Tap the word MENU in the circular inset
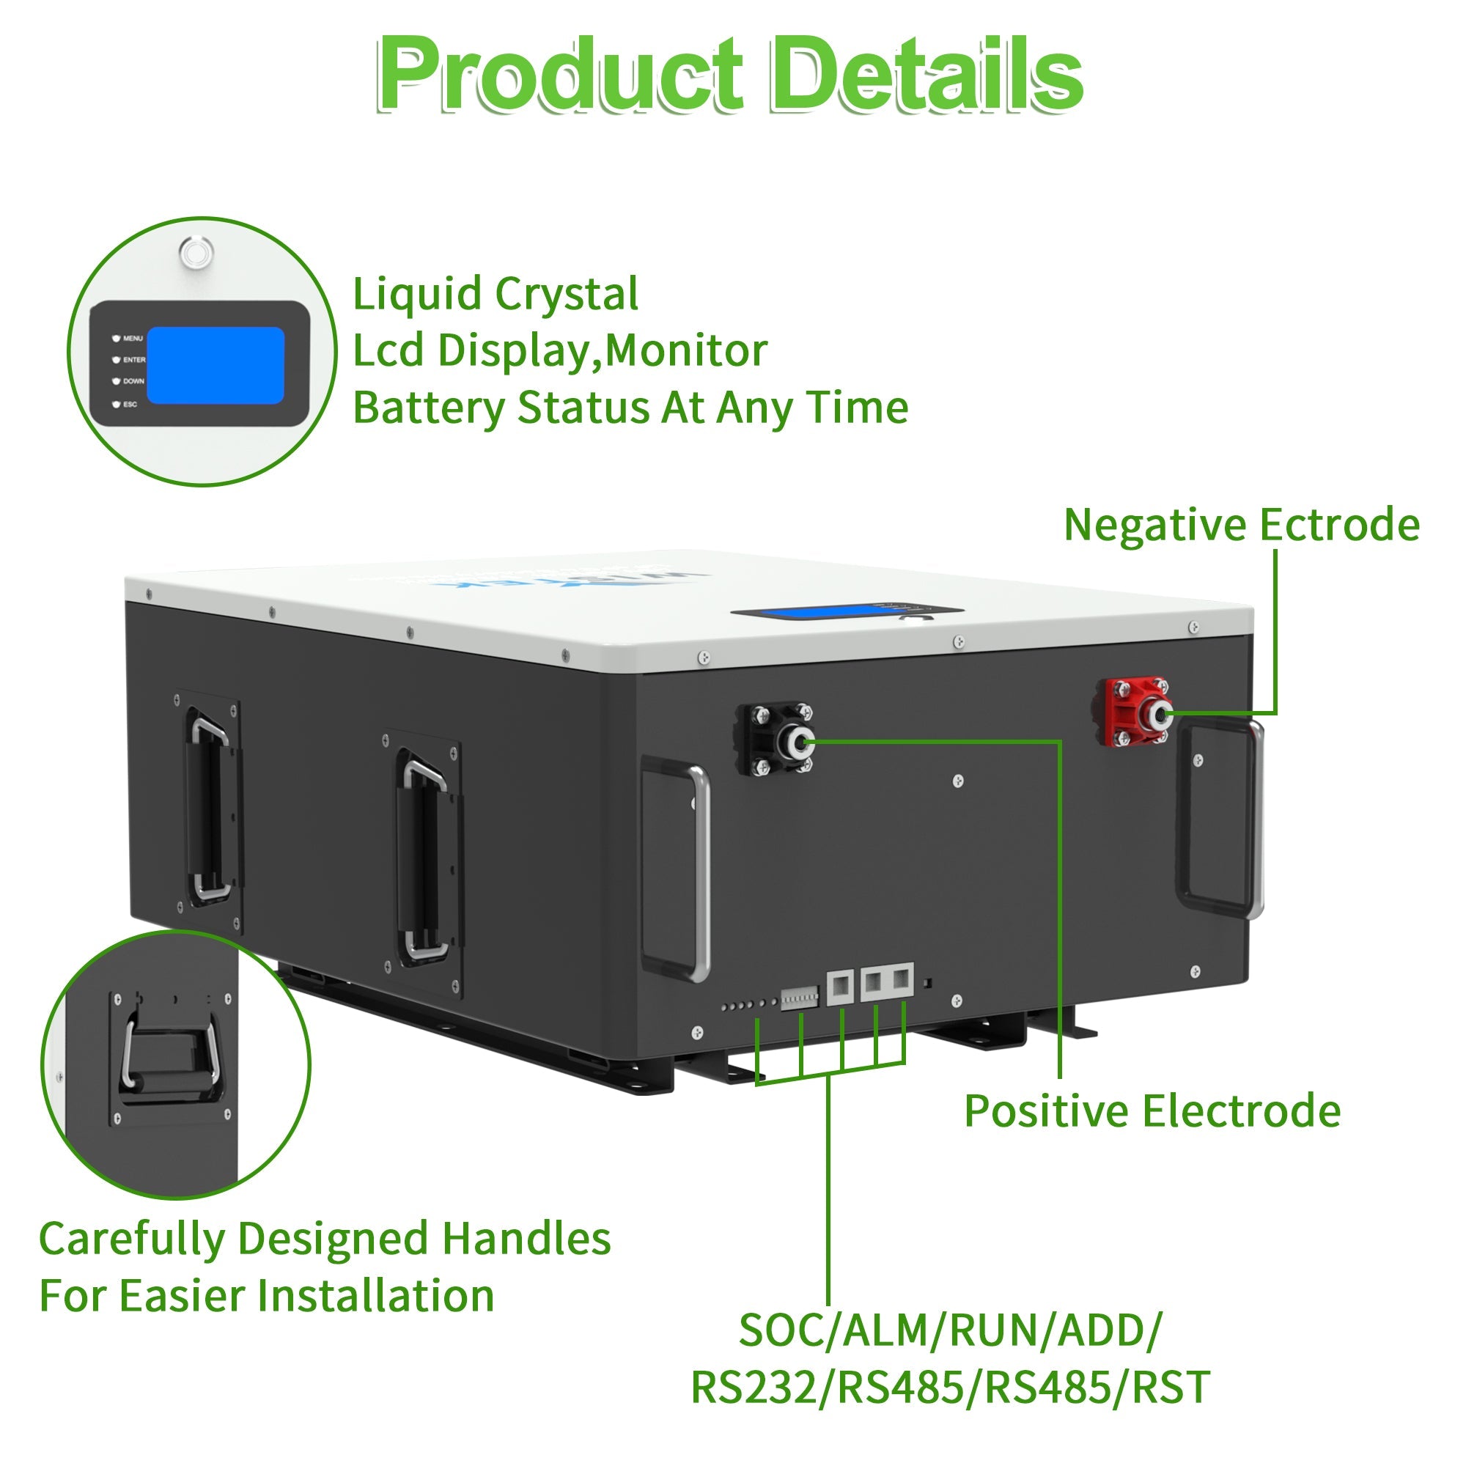pos(132,339)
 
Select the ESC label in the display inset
pos(130,405)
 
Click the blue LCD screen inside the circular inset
pos(215,365)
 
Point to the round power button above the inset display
pos(196,251)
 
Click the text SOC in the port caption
pos(777,1330)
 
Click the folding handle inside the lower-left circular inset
pos(171,1055)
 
